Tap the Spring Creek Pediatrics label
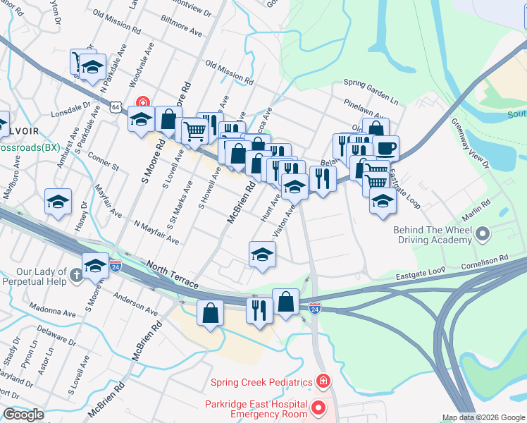[261, 382]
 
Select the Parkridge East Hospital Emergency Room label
[256, 409]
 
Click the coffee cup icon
[386, 148]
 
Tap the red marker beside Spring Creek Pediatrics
[323, 382]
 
